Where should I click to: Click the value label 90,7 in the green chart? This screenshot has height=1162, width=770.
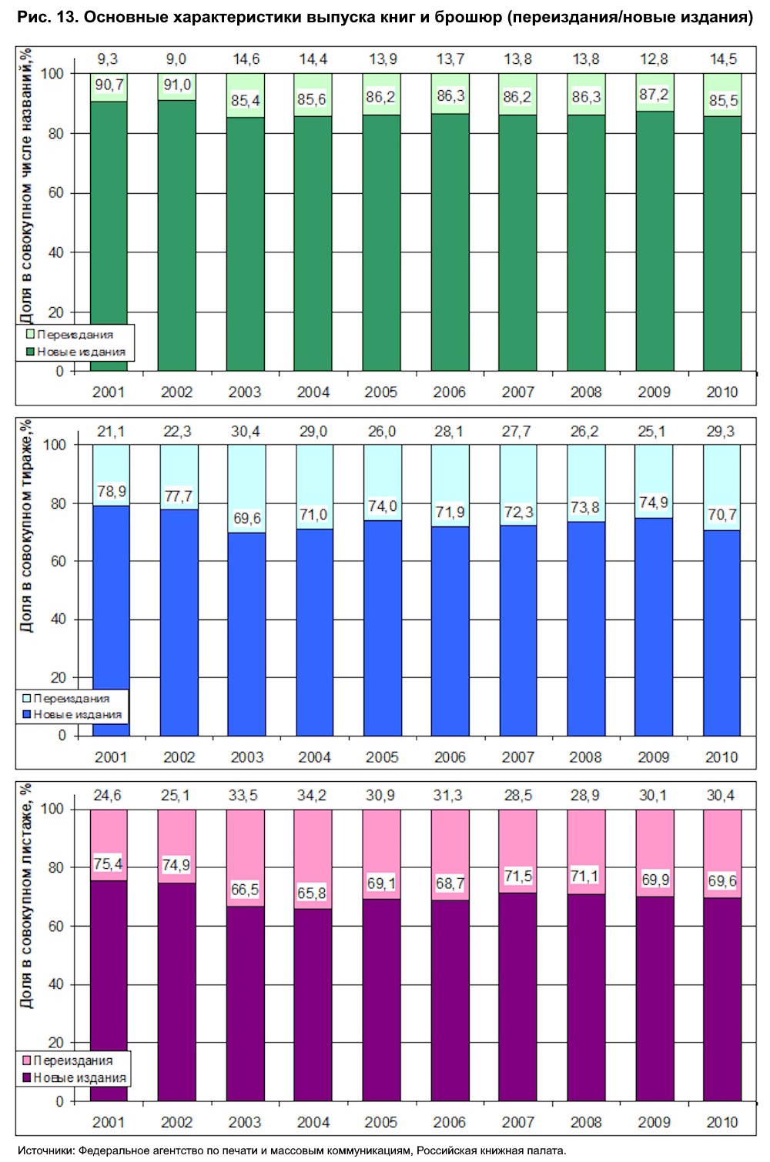(x=109, y=85)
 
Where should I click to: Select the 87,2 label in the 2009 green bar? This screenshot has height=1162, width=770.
(x=654, y=95)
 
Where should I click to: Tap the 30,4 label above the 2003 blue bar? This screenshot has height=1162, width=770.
(x=245, y=432)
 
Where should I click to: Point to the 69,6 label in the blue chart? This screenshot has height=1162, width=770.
(x=246, y=519)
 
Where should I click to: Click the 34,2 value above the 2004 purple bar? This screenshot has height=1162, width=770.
(x=312, y=796)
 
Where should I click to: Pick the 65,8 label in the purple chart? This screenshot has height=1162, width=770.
(x=312, y=893)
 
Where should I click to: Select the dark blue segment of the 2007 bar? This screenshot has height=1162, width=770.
(x=517, y=631)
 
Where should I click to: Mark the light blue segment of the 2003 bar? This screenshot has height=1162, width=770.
(x=246, y=477)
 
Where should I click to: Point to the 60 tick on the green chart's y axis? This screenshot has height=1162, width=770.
(x=56, y=193)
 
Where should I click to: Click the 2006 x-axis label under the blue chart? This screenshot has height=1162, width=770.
(x=450, y=757)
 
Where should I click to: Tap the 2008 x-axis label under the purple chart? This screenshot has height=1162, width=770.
(x=586, y=1123)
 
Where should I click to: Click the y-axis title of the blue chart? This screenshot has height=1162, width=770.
(x=27, y=527)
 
